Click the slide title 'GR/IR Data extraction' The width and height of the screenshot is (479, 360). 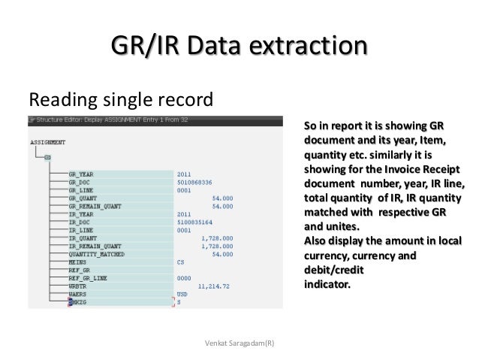click(239, 47)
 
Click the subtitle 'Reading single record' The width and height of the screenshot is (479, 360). click(120, 100)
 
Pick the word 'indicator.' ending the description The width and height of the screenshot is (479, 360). click(326, 285)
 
